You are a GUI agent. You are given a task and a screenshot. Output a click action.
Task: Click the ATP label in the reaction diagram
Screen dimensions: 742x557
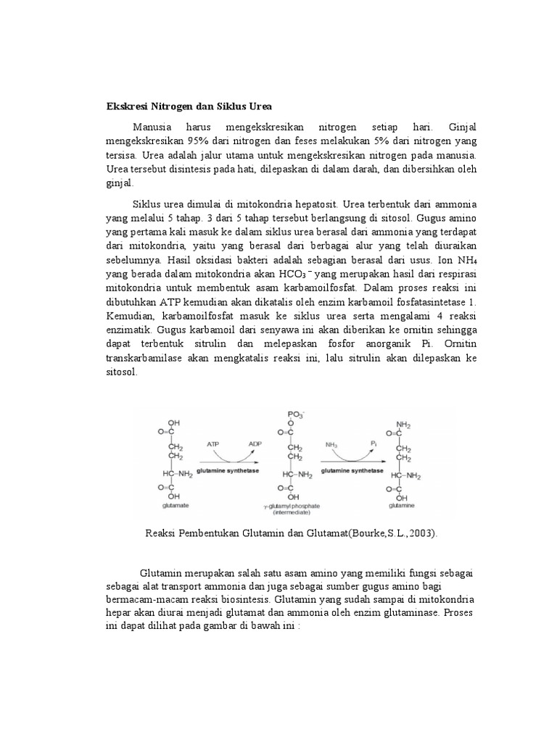[213, 443]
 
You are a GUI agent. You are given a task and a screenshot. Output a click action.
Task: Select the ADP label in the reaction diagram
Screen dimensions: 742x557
[255, 443]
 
